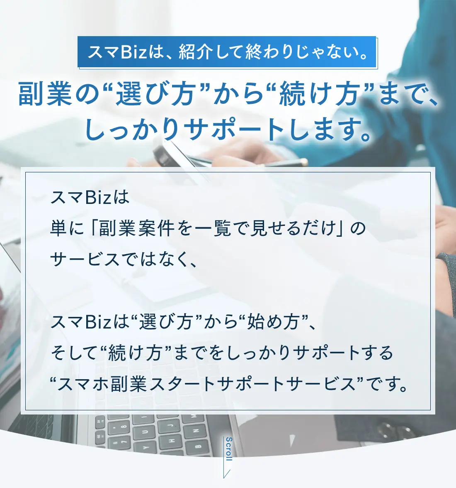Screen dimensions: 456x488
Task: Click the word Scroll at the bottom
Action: tap(228, 449)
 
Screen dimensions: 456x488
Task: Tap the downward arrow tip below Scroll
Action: tap(224, 478)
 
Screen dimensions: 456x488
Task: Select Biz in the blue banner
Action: tap(133, 51)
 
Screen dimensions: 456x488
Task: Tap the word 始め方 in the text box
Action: tap(273, 322)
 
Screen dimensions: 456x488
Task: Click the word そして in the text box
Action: tap(74, 353)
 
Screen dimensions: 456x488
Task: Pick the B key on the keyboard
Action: tap(198, 446)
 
